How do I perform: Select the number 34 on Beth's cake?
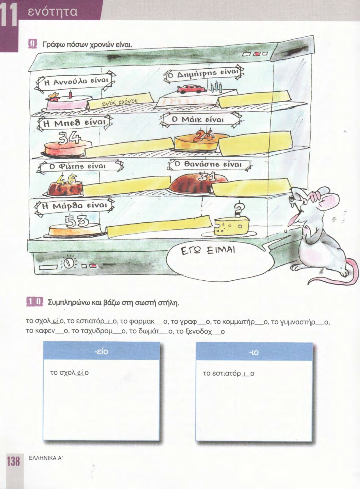(70, 138)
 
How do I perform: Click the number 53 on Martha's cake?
(77, 221)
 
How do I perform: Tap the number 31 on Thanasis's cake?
(207, 177)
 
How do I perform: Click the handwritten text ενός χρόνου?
(120, 102)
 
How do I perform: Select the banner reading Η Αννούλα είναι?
(75, 82)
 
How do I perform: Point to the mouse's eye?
(291, 199)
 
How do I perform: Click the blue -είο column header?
(102, 352)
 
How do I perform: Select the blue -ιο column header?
(254, 352)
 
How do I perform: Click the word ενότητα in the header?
(53, 12)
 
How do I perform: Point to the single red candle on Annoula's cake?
(70, 95)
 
